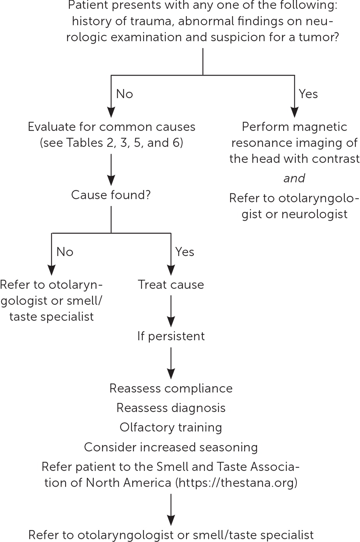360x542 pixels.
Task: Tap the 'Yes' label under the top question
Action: coord(308,94)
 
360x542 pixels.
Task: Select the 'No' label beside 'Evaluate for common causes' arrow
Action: coord(124,94)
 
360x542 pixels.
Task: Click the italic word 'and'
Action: coord(294,178)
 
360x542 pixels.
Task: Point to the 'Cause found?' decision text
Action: coord(111,195)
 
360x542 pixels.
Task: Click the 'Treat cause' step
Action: coord(171,285)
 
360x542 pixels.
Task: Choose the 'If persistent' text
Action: coord(171,336)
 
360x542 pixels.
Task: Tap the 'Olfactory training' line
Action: coord(171,427)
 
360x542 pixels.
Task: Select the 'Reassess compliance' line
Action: coord(171,388)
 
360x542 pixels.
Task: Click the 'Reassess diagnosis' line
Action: coord(171,408)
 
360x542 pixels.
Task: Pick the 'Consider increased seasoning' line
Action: coord(171,447)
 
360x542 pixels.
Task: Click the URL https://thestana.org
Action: coord(237,483)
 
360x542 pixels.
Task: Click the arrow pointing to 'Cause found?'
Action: coord(111,169)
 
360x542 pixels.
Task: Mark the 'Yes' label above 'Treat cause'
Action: coord(184,252)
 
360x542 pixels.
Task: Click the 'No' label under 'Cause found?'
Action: coord(65,252)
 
